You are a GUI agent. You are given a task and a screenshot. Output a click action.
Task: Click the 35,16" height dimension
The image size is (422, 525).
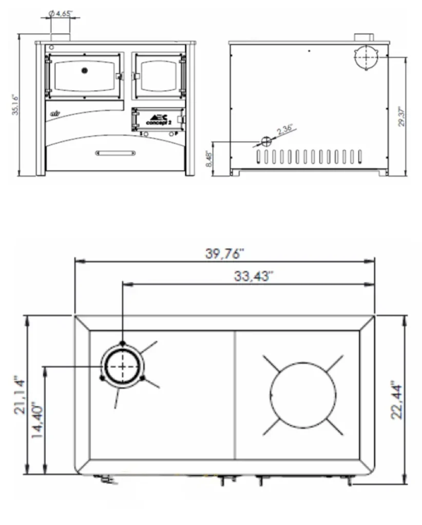(15, 105)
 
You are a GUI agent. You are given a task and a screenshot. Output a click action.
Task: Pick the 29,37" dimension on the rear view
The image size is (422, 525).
(402, 115)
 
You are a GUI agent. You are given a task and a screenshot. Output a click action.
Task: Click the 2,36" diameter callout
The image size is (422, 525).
(284, 131)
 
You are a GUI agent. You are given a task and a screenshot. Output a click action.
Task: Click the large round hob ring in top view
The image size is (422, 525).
(303, 395)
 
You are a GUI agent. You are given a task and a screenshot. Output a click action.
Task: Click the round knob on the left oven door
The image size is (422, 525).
(85, 70)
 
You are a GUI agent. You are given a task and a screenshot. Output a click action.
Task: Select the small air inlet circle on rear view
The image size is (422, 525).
(266, 141)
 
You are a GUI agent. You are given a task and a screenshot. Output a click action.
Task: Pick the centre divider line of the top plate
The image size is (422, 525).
(235, 395)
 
